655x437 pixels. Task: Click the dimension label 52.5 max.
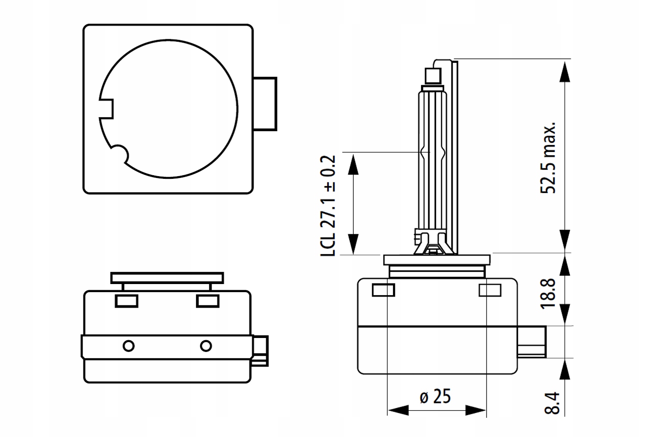click(548, 157)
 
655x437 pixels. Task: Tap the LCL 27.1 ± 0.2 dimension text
click(328, 206)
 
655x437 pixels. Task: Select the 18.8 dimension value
click(548, 293)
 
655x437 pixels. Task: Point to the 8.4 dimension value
click(552, 404)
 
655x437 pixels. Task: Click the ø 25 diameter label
click(435, 396)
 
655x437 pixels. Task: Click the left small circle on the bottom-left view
click(129, 346)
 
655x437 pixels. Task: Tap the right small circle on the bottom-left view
click(206, 346)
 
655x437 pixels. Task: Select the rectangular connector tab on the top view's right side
click(265, 104)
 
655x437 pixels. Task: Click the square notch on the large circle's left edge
click(106, 109)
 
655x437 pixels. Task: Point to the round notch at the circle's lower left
click(120, 153)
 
